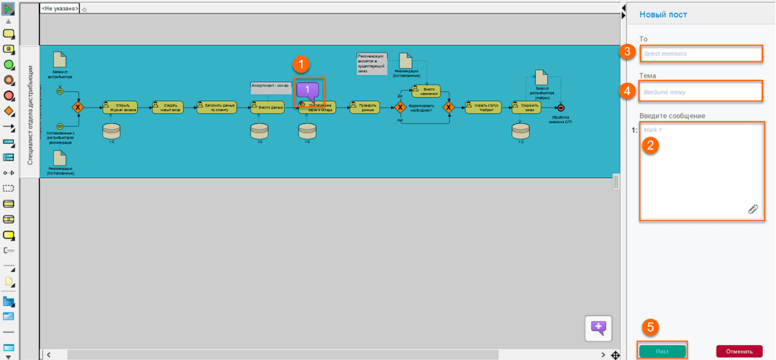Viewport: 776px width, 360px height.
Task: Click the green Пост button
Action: tap(662, 351)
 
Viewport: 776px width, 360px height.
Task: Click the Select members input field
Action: tap(702, 54)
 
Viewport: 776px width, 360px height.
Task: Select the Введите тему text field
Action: tap(702, 92)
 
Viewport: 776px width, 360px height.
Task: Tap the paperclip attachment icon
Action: tap(753, 209)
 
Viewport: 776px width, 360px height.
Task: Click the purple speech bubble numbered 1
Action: tap(308, 90)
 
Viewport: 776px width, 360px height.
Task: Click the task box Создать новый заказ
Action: tap(166, 107)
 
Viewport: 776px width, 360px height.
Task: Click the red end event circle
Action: tap(560, 107)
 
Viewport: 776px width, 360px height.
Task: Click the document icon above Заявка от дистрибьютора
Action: tap(61, 59)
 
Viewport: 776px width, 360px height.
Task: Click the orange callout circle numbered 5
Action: tap(652, 327)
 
